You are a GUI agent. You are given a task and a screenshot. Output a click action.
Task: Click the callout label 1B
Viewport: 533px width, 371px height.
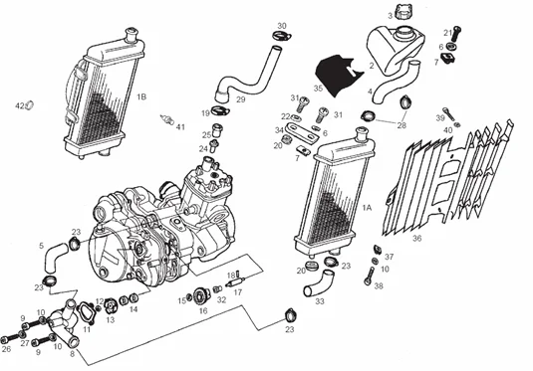click(141, 96)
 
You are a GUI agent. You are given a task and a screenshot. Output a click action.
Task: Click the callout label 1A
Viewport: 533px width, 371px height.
click(368, 208)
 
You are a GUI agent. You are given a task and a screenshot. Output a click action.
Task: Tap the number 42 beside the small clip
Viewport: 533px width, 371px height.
click(19, 105)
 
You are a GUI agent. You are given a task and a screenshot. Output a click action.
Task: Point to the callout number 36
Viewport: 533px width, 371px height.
click(416, 238)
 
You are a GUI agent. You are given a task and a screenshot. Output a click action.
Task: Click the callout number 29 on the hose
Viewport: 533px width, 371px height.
click(241, 99)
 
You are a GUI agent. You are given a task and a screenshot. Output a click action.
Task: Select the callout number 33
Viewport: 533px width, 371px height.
click(320, 301)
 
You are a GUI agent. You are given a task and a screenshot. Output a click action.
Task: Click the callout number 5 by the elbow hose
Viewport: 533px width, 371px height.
click(41, 245)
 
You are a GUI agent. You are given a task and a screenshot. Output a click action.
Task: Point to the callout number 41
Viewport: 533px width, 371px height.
click(180, 126)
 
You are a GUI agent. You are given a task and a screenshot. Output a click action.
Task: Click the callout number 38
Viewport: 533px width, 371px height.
click(379, 286)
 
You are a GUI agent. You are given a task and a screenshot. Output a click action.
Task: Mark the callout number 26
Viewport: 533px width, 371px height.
click(7, 349)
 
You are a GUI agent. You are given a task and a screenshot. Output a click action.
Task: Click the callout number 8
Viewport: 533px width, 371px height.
click(71, 353)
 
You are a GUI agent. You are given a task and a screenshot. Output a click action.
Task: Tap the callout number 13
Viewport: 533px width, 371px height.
click(111, 320)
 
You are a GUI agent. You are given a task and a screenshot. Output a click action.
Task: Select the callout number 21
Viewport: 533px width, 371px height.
click(447, 33)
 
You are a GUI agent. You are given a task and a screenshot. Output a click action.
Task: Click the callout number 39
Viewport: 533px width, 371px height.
click(438, 118)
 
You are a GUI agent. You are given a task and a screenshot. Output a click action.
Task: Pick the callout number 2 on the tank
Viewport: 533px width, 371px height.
click(371, 66)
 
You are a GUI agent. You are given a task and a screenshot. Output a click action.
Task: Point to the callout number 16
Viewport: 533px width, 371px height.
click(202, 310)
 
